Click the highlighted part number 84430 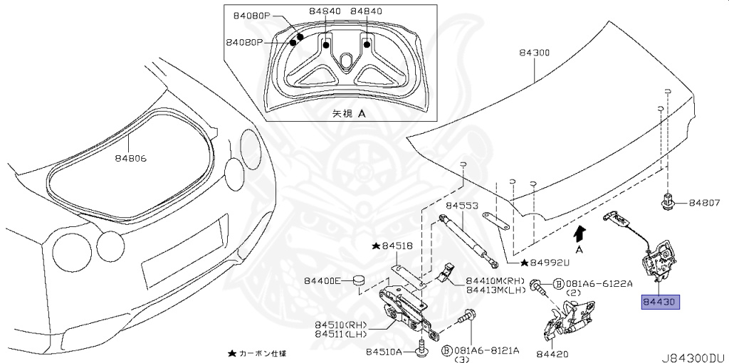661,302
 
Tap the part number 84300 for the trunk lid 534,53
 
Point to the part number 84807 705,204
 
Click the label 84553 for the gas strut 462,206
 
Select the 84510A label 384,352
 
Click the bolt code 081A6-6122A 599,283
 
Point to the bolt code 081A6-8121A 486,351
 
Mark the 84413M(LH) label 495,289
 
